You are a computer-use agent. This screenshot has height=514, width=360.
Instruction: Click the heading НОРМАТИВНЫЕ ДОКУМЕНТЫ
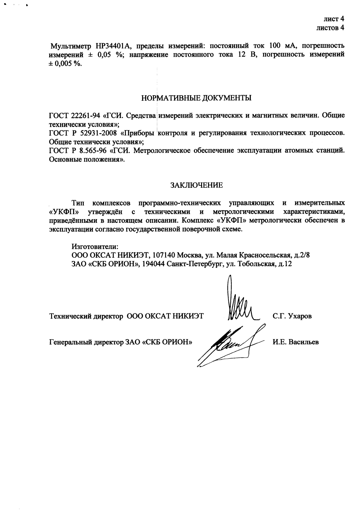[x=196, y=98]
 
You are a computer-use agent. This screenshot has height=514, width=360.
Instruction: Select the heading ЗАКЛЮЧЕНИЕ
[x=196, y=185]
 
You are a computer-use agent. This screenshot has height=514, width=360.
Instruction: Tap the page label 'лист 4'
[x=334, y=19]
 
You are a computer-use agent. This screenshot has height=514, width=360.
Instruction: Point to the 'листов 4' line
[x=330, y=28]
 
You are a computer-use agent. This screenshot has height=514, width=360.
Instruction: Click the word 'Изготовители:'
[x=95, y=246]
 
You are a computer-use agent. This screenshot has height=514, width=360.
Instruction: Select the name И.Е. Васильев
[x=296, y=342]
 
